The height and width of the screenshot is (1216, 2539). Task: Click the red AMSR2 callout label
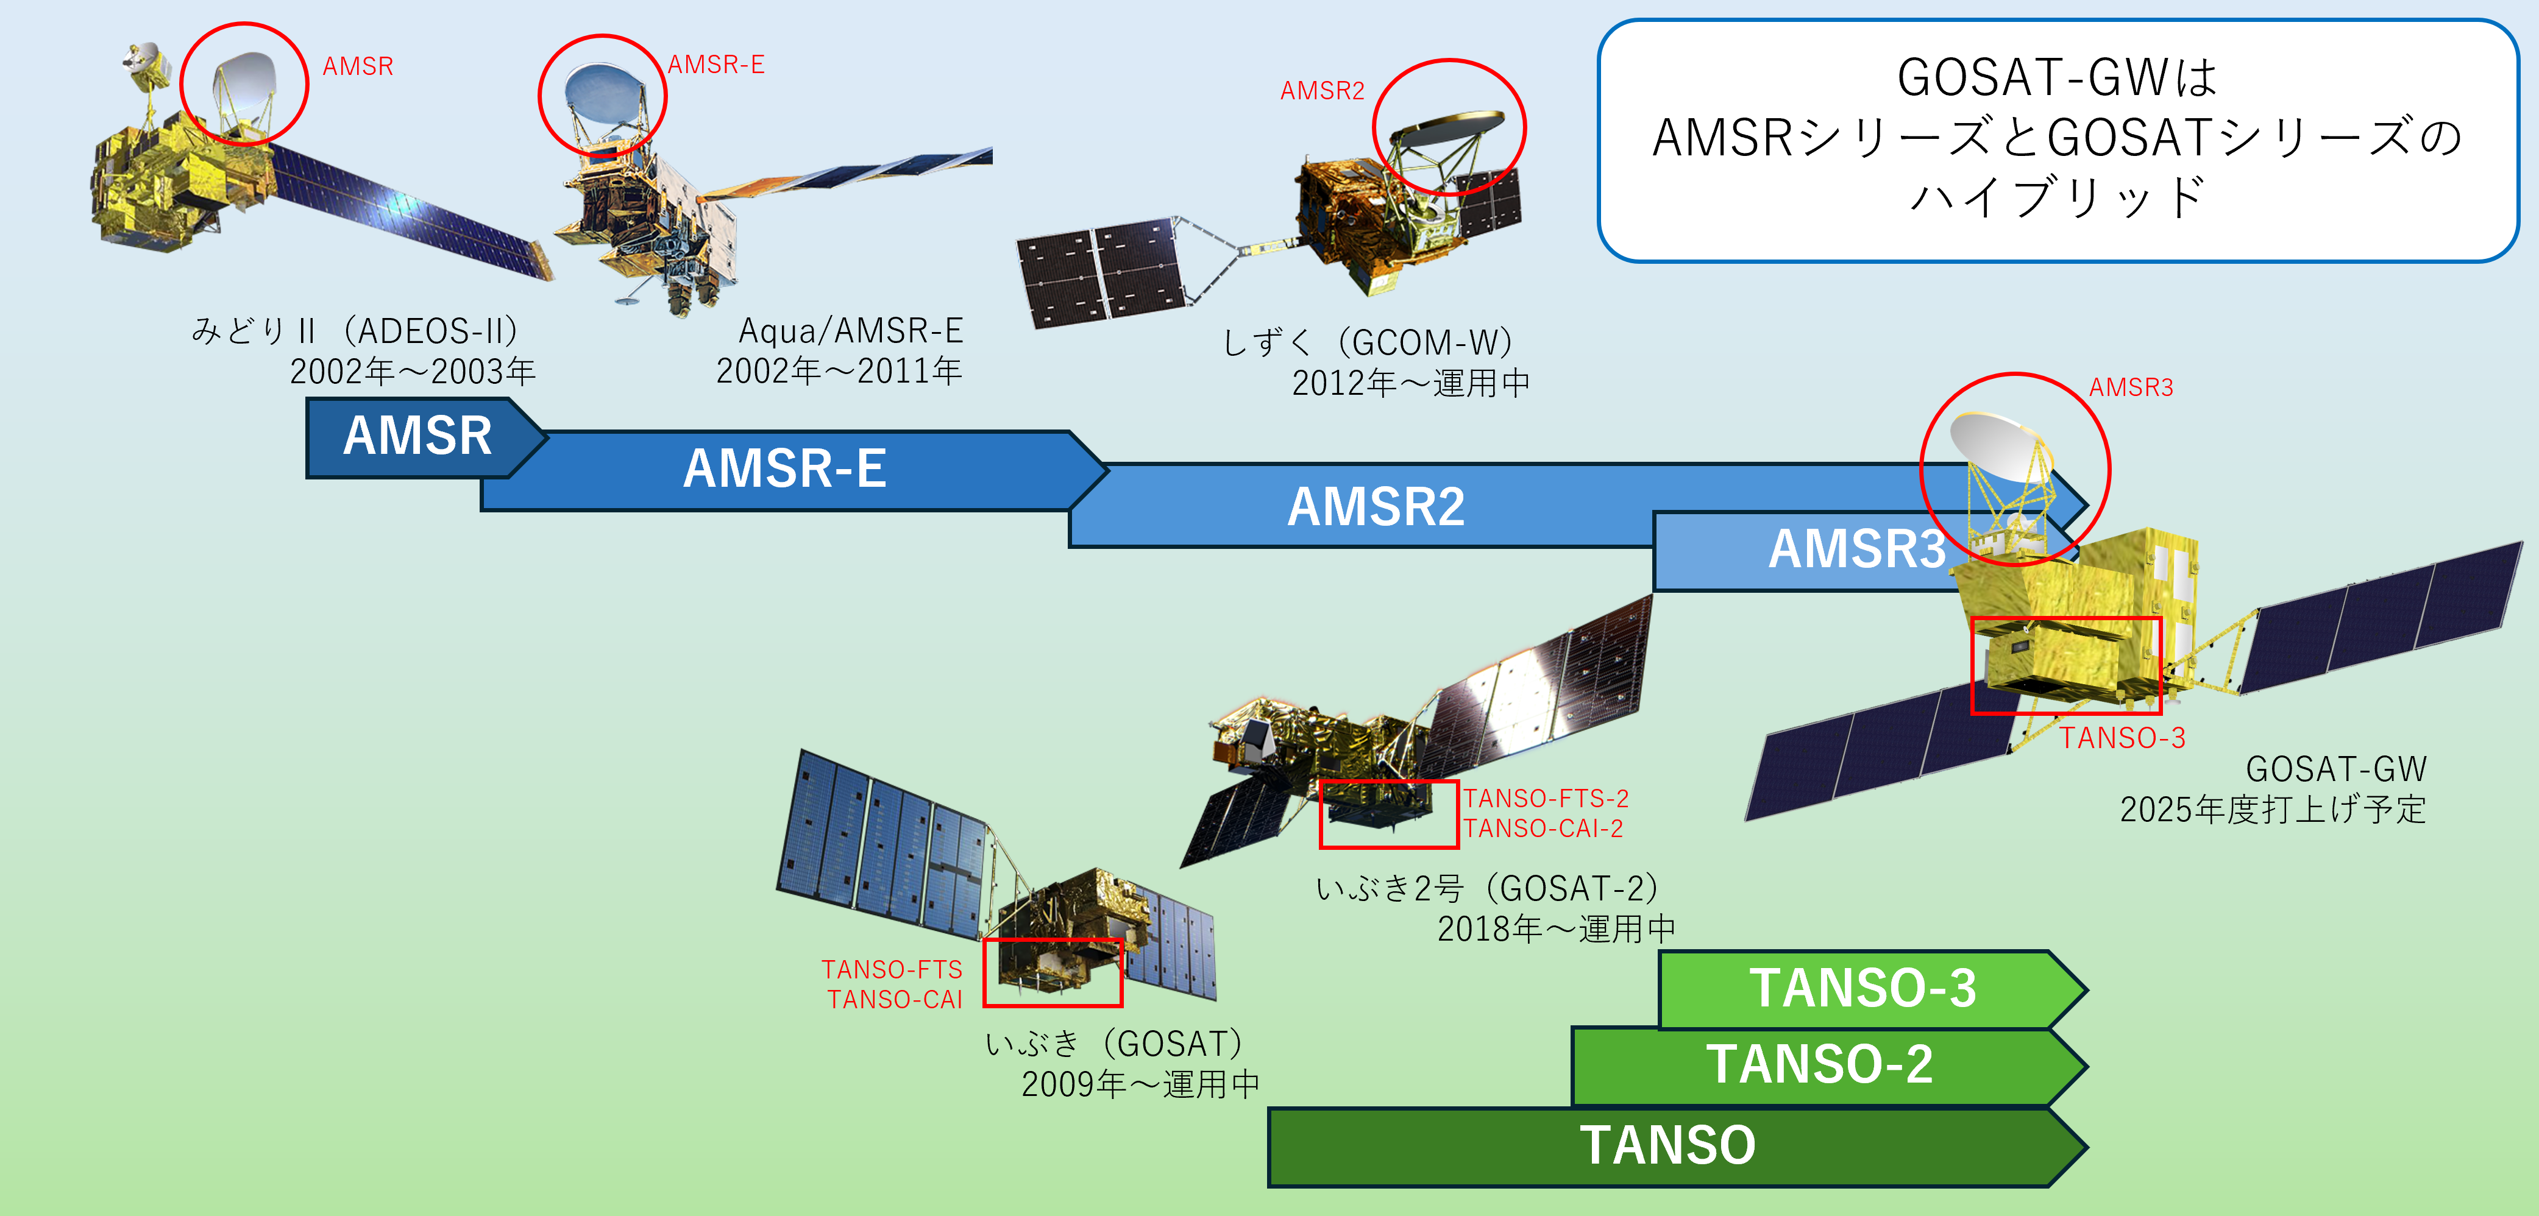tap(1322, 91)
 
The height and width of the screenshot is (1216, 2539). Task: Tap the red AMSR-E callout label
tap(716, 65)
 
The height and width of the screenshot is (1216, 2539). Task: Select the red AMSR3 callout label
tap(2131, 387)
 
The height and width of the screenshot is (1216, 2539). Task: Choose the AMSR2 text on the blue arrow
tap(1376, 507)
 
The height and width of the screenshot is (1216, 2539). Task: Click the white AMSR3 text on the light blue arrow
tap(1857, 549)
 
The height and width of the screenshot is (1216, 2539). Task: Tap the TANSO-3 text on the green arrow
tap(1863, 988)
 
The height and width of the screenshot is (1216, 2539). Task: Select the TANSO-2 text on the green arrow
tap(1819, 1064)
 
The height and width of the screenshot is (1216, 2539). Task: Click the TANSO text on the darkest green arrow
tap(1667, 1145)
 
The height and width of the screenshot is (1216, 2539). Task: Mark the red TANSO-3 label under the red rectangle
tap(2122, 738)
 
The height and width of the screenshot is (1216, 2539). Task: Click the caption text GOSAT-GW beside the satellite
tap(2336, 769)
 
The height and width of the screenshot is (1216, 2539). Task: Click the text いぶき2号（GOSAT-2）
tap(1487, 889)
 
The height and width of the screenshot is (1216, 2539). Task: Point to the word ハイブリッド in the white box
tap(2057, 197)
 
